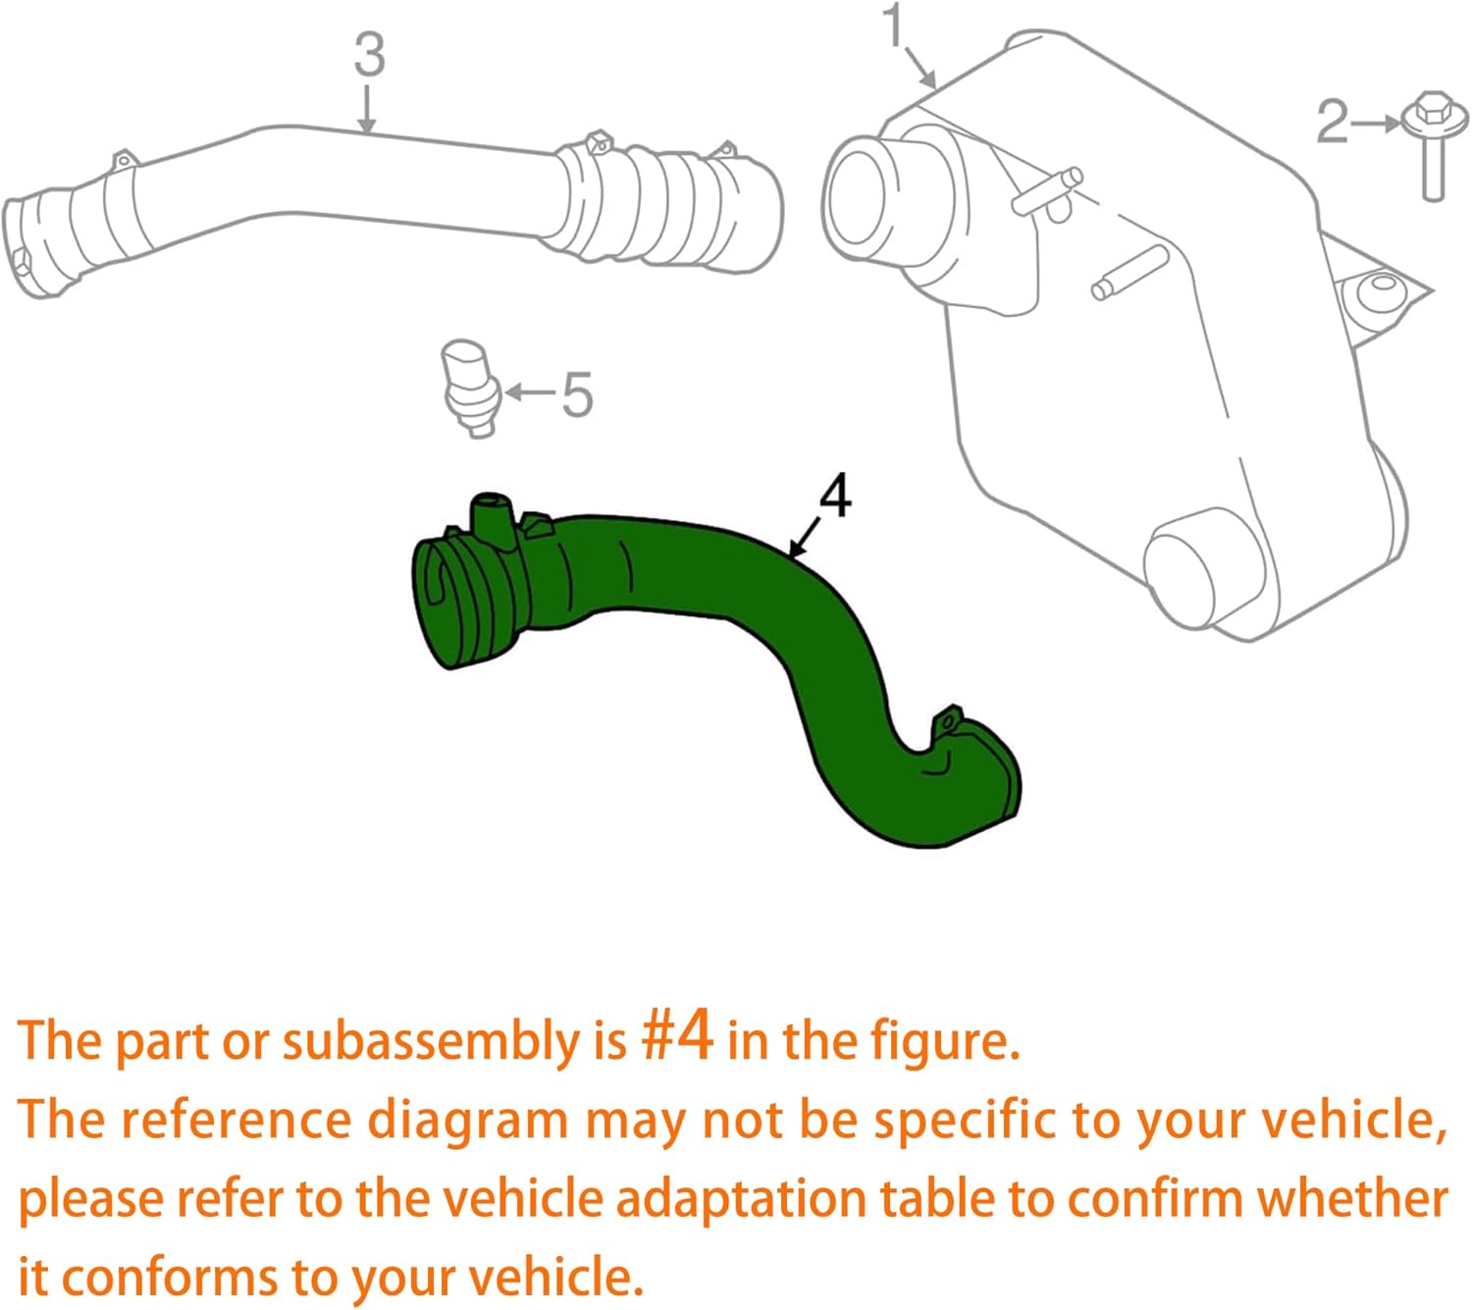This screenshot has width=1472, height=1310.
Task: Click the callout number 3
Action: pyautogui.click(x=369, y=55)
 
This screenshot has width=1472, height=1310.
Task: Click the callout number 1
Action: pyautogui.click(x=894, y=26)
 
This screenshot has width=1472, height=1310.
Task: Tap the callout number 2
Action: pyautogui.click(x=1332, y=123)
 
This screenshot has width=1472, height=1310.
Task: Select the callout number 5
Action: pyautogui.click(x=576, y=394)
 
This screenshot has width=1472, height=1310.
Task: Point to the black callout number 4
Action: pyautogui.click(x=834, y=497)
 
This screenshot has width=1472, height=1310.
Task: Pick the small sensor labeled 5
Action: pyautogui.click(x=471, y=387)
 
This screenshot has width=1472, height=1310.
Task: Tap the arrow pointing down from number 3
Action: pyautogui.click(x=367, y=109)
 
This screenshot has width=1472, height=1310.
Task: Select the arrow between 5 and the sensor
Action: pyautogui.click(x=530, y=393)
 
